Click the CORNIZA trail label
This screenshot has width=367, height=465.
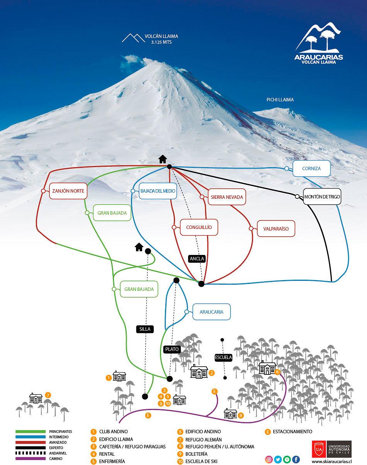click(311, 169)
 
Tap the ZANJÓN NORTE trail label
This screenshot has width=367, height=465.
click(68, 191)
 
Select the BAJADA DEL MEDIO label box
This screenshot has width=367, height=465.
click(157, 191)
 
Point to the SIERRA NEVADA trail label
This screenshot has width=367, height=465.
click(227, 197)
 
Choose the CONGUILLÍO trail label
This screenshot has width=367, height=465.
click(199, 227)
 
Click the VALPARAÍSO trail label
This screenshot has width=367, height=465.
click(276, 228)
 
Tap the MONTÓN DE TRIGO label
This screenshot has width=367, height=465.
click(322, 197)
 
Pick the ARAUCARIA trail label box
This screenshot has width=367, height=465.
click(211, 312)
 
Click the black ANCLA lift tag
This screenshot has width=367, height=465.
click(197, 259)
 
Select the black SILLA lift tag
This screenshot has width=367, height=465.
click(145, 329)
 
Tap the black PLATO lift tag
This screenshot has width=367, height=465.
click(172, 349)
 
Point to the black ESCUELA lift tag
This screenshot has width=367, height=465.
click(224, 357)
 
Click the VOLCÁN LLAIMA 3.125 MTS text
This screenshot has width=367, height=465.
click(161, 39)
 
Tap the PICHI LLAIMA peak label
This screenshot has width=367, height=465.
click(280, 100)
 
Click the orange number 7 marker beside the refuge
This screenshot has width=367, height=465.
click(48, 395)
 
